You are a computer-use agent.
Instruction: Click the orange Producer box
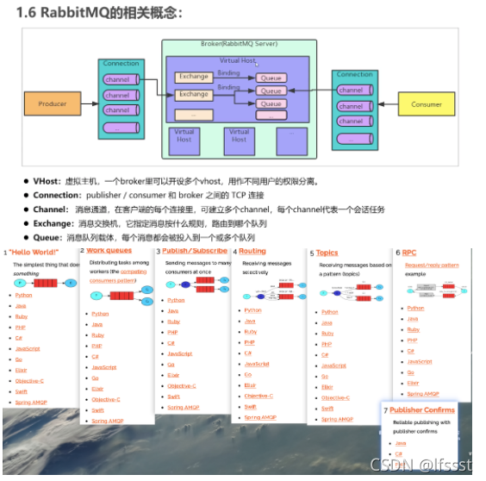point(52,104)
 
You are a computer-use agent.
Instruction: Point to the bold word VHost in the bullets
point(48,182)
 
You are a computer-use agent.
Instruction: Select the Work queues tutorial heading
point(109,251)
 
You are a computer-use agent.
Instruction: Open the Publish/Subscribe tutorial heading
point(195,251)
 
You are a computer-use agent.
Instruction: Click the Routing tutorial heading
point(252,252)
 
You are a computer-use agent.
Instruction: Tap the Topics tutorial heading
point(327,253)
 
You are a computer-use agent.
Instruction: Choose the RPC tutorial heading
point(409,253)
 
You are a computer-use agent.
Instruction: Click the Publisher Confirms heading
point(426,410)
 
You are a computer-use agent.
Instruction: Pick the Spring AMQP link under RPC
point(422,393)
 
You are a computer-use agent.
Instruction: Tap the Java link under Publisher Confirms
point(400,442)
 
